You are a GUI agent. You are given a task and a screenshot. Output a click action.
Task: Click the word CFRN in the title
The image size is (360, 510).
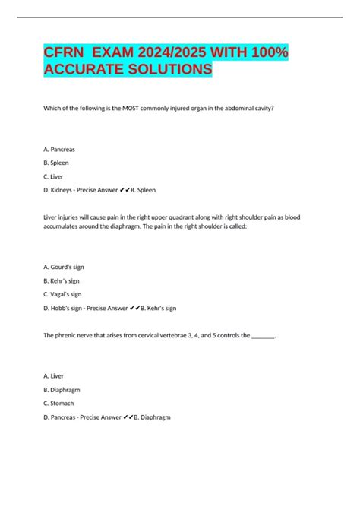pos(63,55)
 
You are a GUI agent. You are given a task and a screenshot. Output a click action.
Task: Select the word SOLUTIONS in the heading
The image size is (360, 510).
pos(165,69)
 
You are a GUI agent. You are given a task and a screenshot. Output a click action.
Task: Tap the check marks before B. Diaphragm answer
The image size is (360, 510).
pos(126,417)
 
